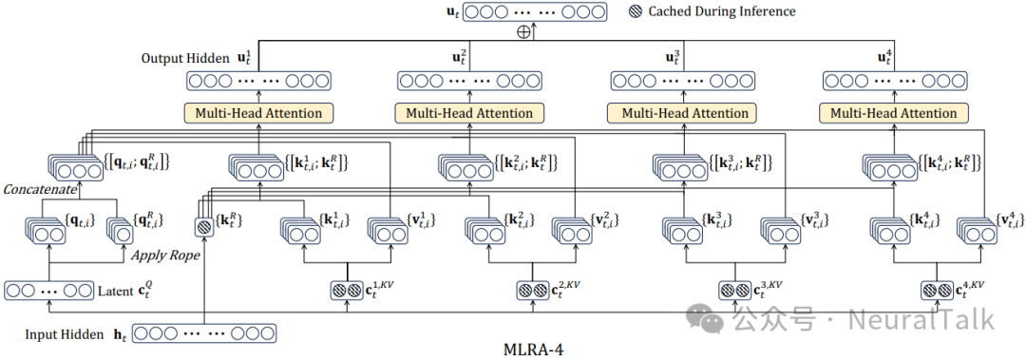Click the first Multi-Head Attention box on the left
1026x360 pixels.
click(258, 113)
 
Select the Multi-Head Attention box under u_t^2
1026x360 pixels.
click(469, 113)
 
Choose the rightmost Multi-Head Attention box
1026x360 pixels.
click(893, 113)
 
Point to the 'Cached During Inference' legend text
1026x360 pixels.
click(722, 11)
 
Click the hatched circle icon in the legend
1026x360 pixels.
click(635, 11)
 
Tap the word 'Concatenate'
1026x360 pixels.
click(40, 191)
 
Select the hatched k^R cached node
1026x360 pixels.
click(203, 228)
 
